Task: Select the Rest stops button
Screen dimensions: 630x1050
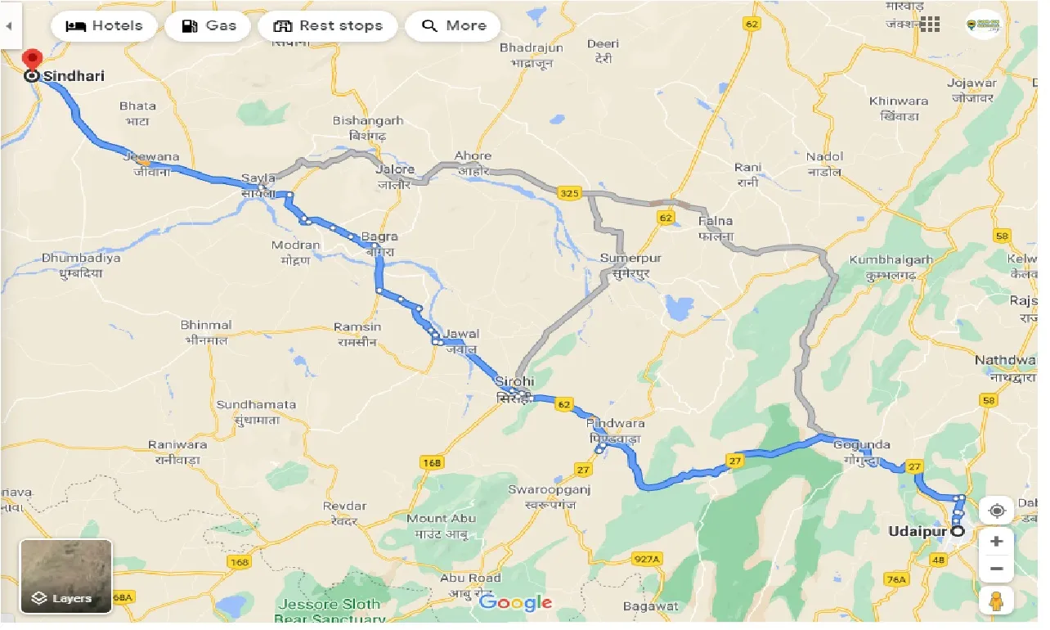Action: click(328, 26)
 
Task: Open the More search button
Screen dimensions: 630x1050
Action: click(453, 26)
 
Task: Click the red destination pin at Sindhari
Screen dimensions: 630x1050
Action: click(32, 61)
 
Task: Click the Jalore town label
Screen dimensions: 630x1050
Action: click(395, 169)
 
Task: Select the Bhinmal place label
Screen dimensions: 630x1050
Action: click(206, 325)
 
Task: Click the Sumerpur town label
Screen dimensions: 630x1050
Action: click(630, 259)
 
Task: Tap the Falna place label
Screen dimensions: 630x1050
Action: click(716, 221)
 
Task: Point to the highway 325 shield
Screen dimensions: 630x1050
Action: click(569, 194)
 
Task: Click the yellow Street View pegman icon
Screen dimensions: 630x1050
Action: click(996, 601)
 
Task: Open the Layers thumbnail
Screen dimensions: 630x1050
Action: click(66, 576)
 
